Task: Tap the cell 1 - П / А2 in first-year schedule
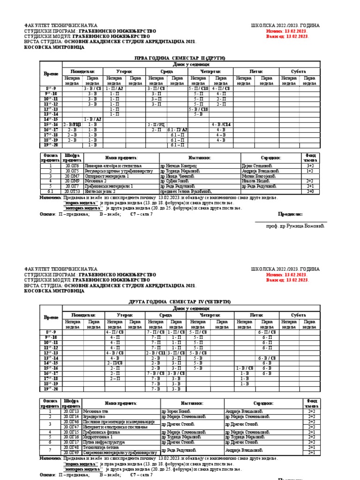point(114,88)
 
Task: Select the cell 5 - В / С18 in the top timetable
point(199,109)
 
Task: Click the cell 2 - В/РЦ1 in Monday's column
point(72,125)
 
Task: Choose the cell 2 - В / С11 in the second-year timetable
point(156,353)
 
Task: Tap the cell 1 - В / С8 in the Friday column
point(244,368)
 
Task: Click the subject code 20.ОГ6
point(73,165)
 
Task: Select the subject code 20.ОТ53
point(73,191)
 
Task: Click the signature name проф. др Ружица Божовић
point(295,226)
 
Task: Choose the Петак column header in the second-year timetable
point(256,316)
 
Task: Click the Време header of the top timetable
point(51,74)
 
